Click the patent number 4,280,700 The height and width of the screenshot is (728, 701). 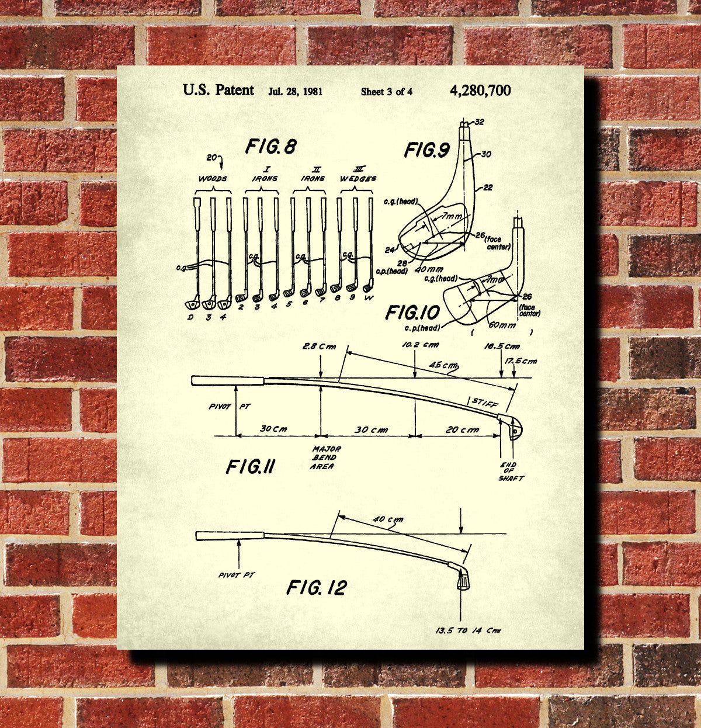tap(480, 91)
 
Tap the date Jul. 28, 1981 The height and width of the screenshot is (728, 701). tap(296, 91)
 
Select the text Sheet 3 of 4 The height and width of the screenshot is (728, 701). tap(387, 91)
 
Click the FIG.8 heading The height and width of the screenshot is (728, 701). tap(270, 146)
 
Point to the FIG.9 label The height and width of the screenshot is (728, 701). tap(427, 150)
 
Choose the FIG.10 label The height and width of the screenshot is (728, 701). tap(412, 312)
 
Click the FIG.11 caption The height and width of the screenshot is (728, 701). tap(251, 467)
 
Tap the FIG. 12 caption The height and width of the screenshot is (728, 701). tap(317, 587)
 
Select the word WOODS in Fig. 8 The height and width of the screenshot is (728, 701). tap(212, 178)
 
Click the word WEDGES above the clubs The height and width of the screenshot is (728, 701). tap(358, 178)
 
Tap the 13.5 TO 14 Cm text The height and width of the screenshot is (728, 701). tap(467, 630)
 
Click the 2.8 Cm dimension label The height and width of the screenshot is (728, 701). tap(320, 346)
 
